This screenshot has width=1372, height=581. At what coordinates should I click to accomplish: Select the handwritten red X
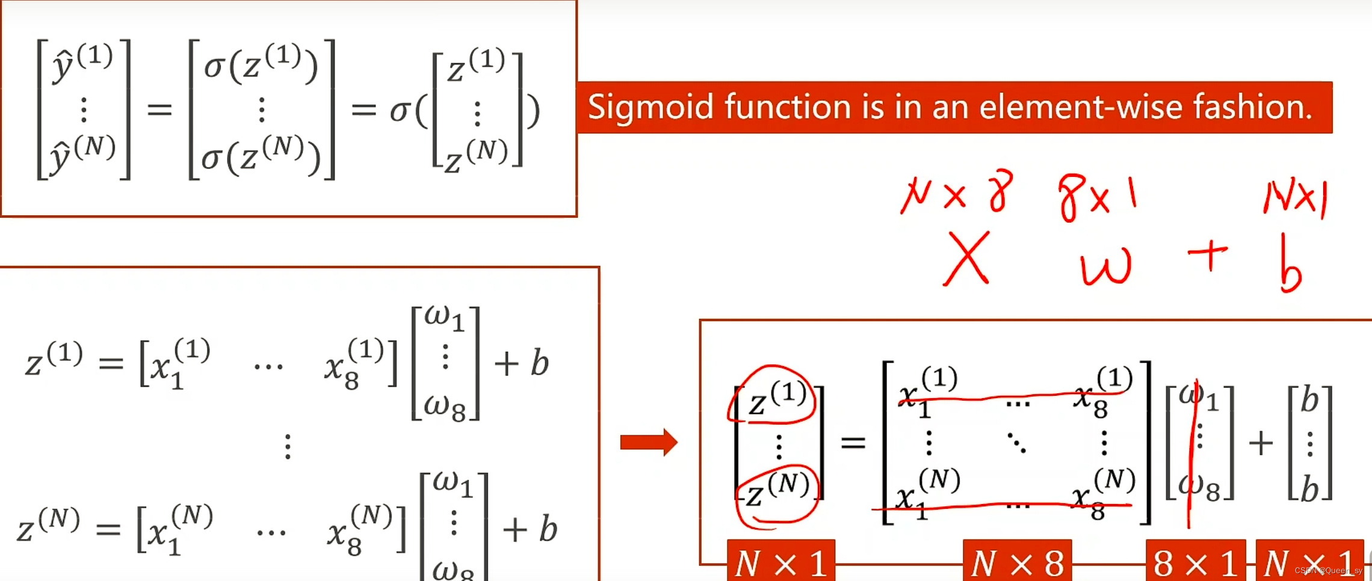pos(966,259)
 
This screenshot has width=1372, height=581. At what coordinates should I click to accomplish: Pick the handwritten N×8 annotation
pos(957,192)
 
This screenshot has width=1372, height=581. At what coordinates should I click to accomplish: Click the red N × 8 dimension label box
pos(1017,562)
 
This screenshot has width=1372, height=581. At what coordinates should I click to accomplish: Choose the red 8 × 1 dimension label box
pos(1195,562)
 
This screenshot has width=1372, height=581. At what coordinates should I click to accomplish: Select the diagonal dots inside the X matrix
pos(1017,443)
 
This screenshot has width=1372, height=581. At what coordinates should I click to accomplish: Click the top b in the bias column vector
pos(1309,400)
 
